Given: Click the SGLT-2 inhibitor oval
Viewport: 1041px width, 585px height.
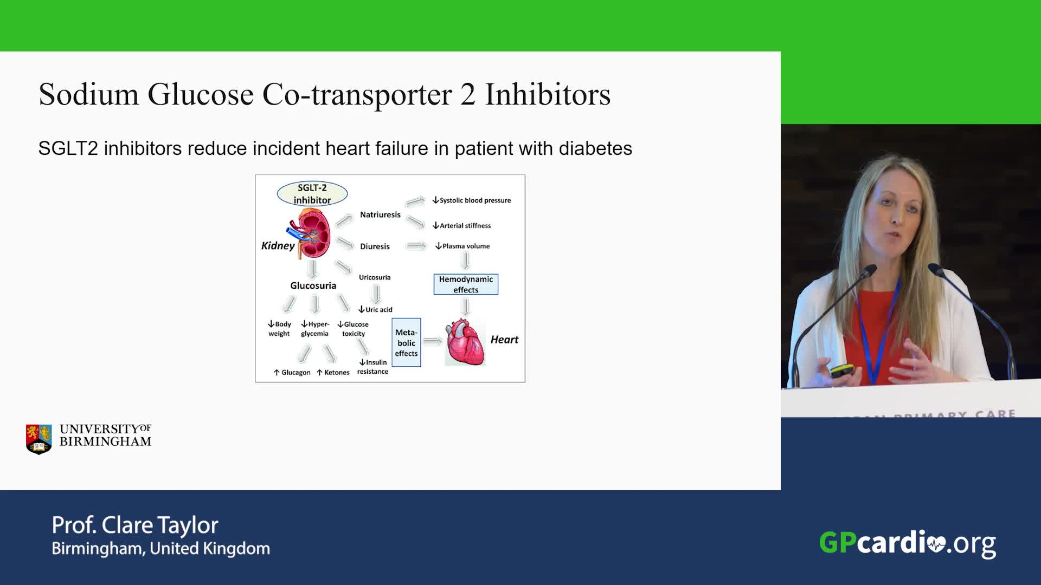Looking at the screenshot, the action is pos(312,194).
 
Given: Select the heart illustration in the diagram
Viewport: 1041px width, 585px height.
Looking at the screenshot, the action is pos(465,342).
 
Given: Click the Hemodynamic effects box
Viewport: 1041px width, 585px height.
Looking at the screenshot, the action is pos(466,284).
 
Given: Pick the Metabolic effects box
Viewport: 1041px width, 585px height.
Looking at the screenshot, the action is pos(406,342).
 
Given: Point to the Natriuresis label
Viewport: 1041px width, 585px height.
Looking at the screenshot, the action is pos(380,214).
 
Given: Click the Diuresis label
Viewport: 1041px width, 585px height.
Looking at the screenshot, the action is pos(375,246).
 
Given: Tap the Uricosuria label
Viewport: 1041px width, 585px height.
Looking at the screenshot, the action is pos(375,277).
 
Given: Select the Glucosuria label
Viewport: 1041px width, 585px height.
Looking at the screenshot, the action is pos(313,285).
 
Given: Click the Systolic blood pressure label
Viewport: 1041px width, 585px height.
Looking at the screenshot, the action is pos(472,200).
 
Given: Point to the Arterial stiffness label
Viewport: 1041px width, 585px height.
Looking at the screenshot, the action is pos(462,225).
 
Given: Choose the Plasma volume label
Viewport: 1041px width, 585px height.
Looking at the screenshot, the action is pos(462,246).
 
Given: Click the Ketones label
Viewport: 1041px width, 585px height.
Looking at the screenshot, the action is pos(333,373).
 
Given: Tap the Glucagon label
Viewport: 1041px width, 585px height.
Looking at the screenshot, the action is pos(292,373).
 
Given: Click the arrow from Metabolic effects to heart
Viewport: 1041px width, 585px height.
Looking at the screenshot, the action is pos(433,342).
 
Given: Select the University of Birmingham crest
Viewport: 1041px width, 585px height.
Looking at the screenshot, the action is pos(39,439).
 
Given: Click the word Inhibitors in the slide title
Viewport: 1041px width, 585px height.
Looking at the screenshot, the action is pos(548,94).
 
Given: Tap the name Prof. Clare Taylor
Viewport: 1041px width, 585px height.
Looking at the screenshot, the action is pos(135,525).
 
